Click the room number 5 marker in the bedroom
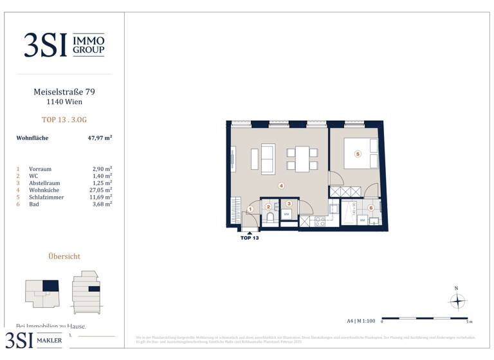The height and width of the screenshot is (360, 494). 358,154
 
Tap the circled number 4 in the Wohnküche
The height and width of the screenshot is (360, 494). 281,186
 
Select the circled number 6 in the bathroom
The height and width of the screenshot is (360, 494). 370,208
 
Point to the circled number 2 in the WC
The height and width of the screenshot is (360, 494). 268,206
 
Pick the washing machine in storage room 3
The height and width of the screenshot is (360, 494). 288,214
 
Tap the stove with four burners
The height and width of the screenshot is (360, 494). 318,221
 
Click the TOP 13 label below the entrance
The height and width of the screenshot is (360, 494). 250,238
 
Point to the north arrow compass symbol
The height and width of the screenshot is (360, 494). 457,300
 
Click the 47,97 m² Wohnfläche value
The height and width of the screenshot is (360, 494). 100,138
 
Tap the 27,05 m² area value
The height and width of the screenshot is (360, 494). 102,190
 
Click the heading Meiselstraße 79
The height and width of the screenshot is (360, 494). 64,92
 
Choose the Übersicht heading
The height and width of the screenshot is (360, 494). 64,256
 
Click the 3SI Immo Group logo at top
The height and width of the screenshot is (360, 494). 64,45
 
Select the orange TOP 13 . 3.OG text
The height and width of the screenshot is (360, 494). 64,119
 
